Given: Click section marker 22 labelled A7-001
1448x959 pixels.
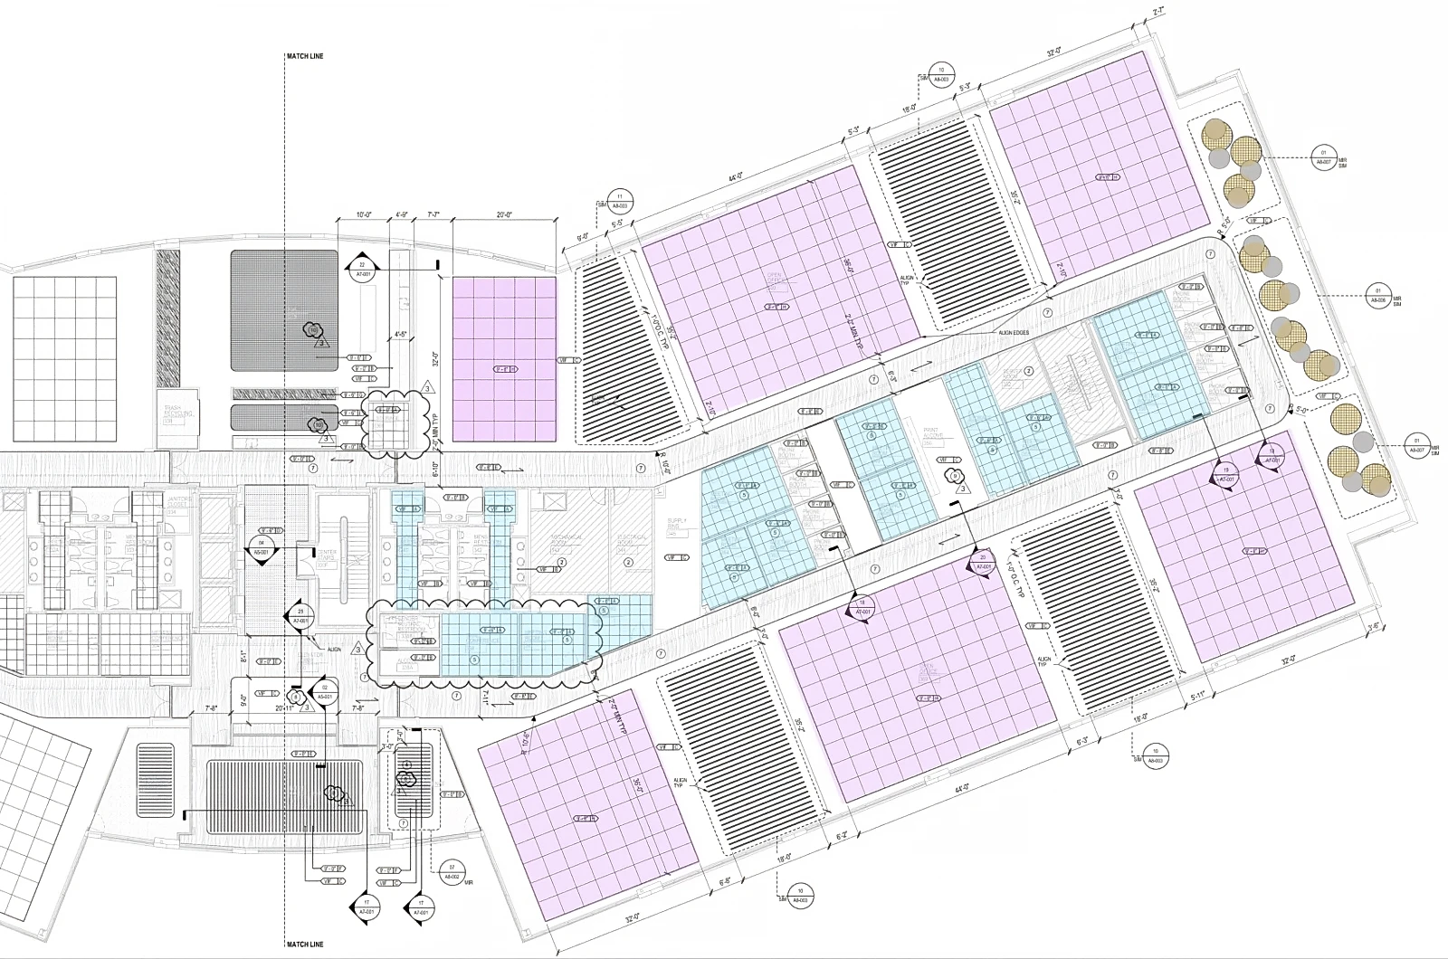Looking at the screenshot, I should pyautogui.click(x=361, y=269).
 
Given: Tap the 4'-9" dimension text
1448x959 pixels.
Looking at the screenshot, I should pyautogui.click(x=402, y=215).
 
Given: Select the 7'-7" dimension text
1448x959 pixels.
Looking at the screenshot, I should pyautogui.click(x=433, y=215).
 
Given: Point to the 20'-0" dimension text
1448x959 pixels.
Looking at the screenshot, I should pyautogui.click(x=504, y=215).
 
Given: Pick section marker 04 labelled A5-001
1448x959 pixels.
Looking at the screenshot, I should pyautogui.click(x=262, y=546).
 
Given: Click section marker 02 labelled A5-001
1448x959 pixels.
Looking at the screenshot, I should pyautogui.click(x=324, y=692).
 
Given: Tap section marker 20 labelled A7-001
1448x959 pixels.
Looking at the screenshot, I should pyautogui.click(x=983, y=562).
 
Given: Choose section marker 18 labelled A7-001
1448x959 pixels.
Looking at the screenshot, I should pyautogui.click(x=862, y=607).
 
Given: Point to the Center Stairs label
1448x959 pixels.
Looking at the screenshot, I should pyautogui.click(x=326, y=555).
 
